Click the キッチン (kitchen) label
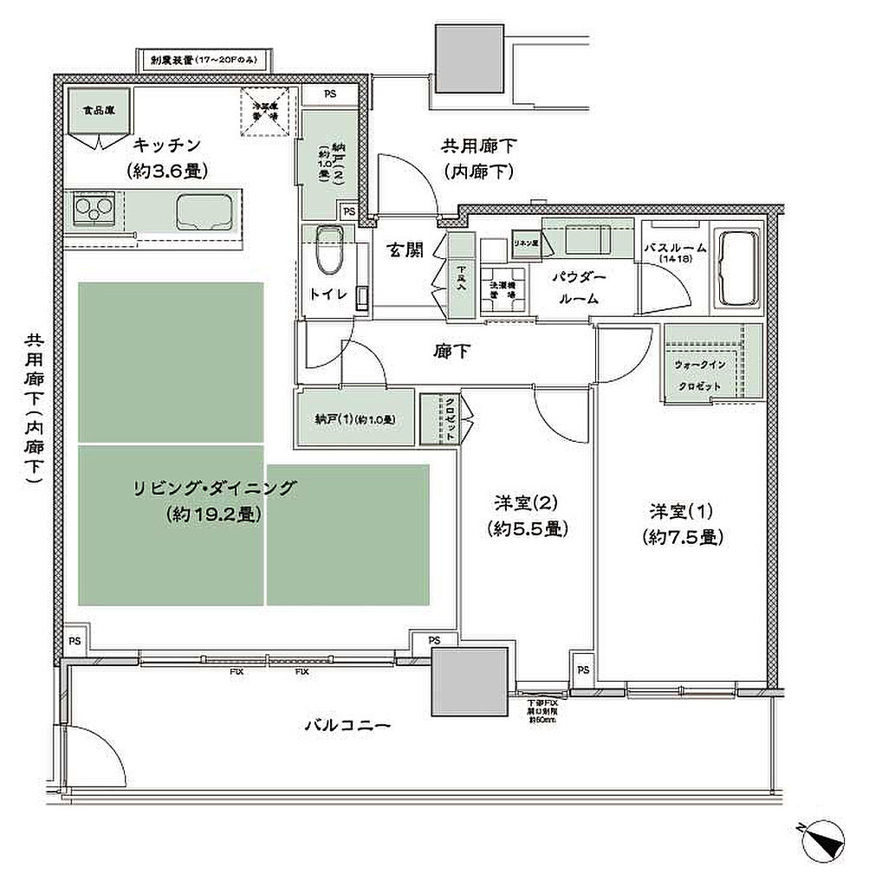pos(167,145)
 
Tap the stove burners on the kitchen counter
pos(94,209)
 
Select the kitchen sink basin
pos(204,210)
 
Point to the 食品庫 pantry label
pos(94,111)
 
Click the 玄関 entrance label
pos(405,251)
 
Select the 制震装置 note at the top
pos(205,61)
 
